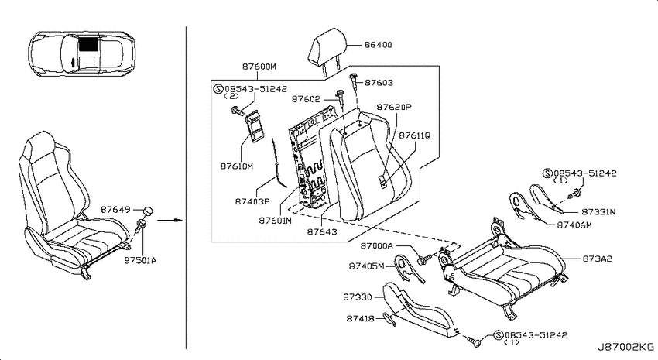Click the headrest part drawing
point(327,50)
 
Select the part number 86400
point(378,45)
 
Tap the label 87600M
point(259,67)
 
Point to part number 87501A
point(140,261)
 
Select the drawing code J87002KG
point(625,347)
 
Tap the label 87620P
point(394,107)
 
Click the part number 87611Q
point(414,136)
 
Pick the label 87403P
point(252,201)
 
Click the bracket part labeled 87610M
point(255,126)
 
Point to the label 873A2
point(597,259)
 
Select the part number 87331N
point(598,212)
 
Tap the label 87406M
point(574,225)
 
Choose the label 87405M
point(366,266)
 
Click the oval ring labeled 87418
point(389,319)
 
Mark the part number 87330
point(358,297)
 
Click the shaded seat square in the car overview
point(88,43)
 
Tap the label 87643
point(322,231)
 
